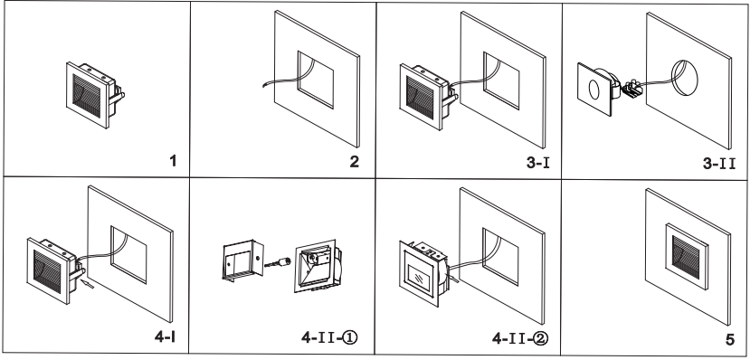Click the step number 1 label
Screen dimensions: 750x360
173,161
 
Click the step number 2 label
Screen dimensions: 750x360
354,162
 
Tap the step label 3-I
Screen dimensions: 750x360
538,163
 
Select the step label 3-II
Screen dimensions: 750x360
719,164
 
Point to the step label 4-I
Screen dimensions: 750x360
165,336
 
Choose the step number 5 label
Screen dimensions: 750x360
729,339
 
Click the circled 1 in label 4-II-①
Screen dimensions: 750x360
350,337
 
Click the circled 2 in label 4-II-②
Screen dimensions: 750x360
541,338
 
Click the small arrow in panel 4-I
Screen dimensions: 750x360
88,286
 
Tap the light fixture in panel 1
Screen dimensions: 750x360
95,95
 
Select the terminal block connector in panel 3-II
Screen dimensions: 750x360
632,88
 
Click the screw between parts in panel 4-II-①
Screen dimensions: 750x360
278,262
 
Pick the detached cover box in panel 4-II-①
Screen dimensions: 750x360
242,261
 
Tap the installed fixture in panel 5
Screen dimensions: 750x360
687,256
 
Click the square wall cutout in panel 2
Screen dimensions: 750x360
316,80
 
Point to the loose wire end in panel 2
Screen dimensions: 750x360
264,86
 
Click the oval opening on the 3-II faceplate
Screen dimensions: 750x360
593,89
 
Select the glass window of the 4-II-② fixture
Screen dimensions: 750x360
418,275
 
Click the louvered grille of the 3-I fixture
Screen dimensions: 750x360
420,97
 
